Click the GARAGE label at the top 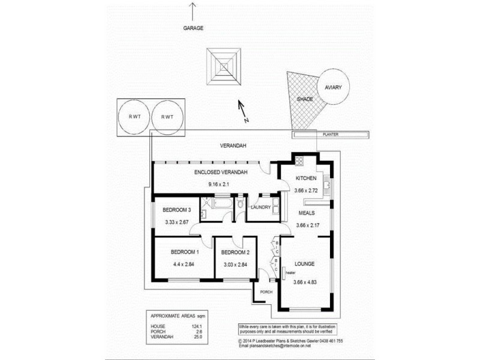193,28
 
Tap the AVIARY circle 333,88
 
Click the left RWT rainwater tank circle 133,116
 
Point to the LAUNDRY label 262,208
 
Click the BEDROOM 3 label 177,210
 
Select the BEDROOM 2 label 235,252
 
